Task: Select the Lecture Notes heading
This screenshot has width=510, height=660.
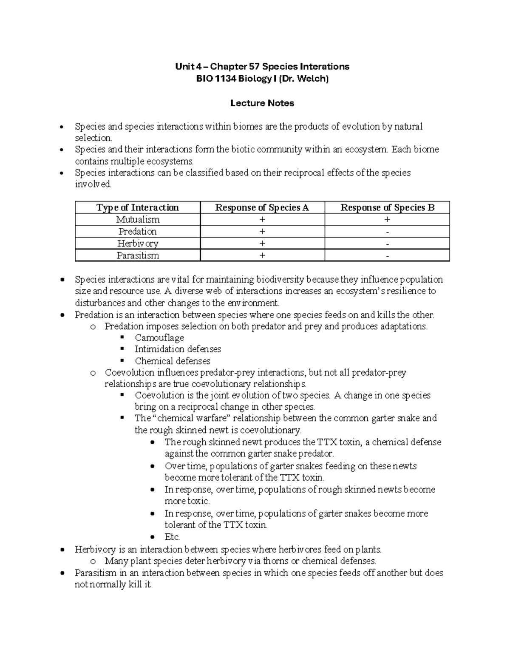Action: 262,103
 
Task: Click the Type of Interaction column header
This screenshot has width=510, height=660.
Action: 137,207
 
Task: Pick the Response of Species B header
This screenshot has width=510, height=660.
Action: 387,207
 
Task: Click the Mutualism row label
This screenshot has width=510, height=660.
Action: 138,219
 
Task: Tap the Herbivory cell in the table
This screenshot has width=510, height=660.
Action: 138,244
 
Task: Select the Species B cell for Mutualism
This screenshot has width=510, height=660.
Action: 387,219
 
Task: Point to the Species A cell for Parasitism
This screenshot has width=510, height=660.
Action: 262,255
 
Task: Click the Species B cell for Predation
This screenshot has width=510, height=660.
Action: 387,232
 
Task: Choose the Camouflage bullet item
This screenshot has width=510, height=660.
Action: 159,337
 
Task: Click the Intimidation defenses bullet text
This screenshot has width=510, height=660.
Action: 178,349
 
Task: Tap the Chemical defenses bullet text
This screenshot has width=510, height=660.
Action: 173,361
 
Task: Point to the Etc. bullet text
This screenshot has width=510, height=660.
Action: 172,537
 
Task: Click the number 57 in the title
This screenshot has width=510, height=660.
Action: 254,66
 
